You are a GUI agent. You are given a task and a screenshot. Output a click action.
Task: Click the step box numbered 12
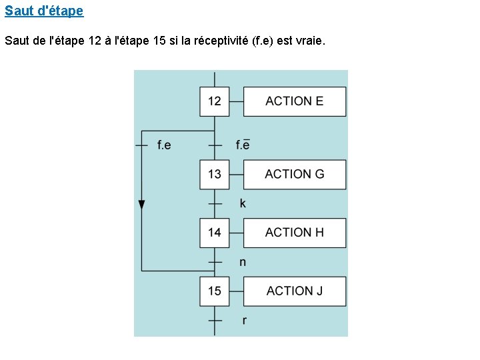click(214, 101)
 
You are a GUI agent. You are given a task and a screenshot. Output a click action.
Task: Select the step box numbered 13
click(214, 174)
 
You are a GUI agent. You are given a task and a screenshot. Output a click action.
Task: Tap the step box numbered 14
click(214, 233)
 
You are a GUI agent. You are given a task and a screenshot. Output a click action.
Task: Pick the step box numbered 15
click(214, 291)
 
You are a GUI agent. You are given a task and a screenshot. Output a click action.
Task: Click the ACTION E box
click(294, 101)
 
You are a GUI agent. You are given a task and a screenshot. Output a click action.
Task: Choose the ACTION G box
click(294, 174)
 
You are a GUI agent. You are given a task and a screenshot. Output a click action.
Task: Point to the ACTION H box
click(294, 233)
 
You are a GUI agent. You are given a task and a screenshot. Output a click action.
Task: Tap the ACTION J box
click(294, 291)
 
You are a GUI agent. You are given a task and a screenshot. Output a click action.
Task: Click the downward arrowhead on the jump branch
click(141, 204)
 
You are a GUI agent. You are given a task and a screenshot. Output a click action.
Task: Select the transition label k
click(243, 203)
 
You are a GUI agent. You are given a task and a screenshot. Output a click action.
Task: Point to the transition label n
click(243, 262)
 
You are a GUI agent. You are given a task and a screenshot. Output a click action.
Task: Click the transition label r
click(244, 321)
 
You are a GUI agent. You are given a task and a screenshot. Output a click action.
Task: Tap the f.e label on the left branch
click(164, 145)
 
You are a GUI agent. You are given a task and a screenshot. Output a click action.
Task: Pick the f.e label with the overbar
click(243, 145)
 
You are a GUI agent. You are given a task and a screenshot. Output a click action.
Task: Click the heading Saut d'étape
click(44, 11)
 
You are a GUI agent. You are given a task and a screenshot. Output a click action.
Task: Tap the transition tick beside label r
click(215, 321)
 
